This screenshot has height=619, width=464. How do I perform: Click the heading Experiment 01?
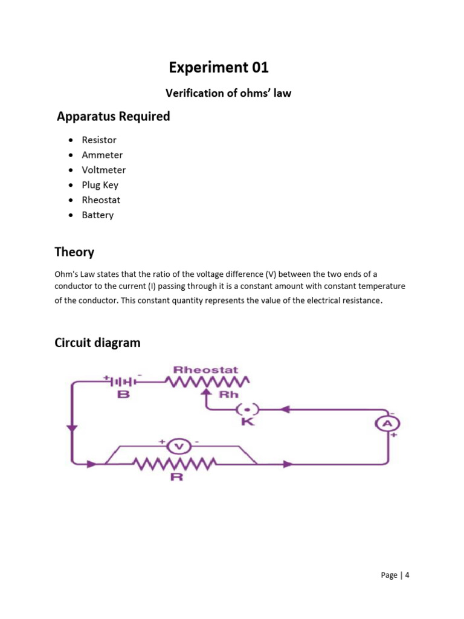tap(219, 67)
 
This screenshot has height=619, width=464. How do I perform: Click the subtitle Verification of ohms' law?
tap(228, 94)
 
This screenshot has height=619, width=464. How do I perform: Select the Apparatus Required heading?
tap(113, 117)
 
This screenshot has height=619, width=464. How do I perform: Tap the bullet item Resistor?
tap(99, 140)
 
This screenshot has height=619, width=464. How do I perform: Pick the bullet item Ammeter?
tap(102, 155)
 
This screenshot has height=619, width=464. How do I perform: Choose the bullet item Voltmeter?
tap(104, 170)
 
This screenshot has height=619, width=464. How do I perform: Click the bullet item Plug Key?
tap(100, 185)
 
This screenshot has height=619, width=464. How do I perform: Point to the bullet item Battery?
tap(98, 215)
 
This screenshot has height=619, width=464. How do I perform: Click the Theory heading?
tap(74, 251)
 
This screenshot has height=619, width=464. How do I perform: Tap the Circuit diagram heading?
tap(97, 343)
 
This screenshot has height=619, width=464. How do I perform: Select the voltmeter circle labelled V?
tap(178, 447)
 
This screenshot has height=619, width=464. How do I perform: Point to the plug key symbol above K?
tap(246, 408)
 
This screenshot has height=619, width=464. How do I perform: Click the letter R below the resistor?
tap(177, 477)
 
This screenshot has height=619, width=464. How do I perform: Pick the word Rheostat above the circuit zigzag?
tap(205, 369)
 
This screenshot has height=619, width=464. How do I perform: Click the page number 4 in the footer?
tap(407, 575)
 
